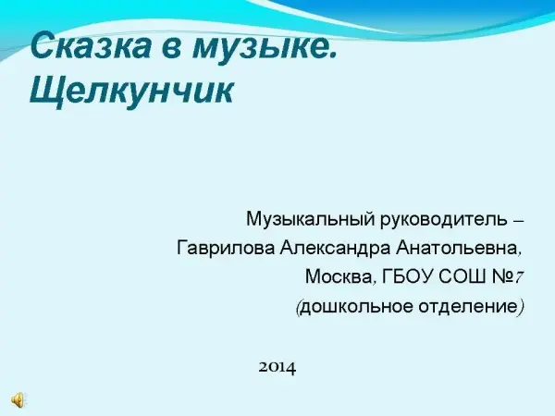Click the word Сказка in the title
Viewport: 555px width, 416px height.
coord(91,45)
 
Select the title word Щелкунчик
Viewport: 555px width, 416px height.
coord(131,92)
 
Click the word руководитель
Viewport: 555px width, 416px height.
coord(444,220)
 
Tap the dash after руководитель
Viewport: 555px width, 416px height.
coord(518,222)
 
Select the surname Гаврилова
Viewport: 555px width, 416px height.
coord(226,248)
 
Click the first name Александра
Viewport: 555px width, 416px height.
coord(335,248)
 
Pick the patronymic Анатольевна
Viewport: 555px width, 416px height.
coord(457,248)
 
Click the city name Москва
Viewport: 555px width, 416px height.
coord(339,276)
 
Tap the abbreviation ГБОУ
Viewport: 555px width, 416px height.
coord(407,276)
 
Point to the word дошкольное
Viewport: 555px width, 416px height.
coord(357,306)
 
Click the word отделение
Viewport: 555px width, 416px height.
coord(468,306)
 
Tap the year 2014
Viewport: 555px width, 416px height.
coord(277,368)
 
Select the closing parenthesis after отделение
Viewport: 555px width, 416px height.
coord(521,307)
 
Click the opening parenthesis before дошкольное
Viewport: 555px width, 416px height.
coord(299,307)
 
